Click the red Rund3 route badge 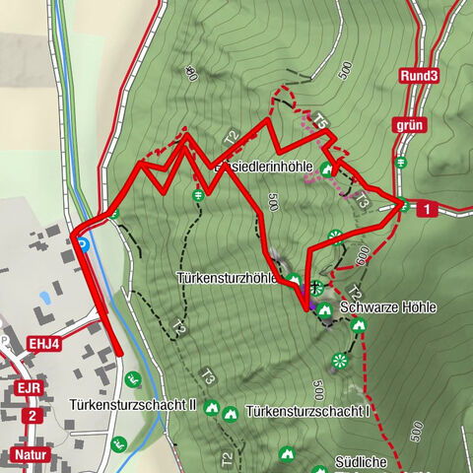(418, 75)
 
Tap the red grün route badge (409, 125)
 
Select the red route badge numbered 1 (426, 209)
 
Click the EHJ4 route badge (44, 344)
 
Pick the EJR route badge (28, 387)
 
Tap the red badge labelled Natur (33, 454)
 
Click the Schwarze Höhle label (386, 307)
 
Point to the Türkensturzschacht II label (134, 405)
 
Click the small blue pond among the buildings (42, 295)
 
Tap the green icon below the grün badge (399, 164)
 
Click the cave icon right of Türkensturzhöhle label (293, 280)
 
